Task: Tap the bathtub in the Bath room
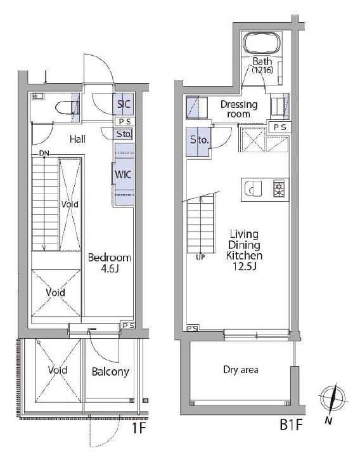(262, 43)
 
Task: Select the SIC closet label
(124, 104)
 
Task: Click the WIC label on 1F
(123, 174)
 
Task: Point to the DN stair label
(44, 154)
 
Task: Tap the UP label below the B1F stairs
(200, 257)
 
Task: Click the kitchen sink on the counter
(253, 189)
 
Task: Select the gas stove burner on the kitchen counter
(279, 188)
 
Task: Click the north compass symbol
(333, 401)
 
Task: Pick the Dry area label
(241, 370)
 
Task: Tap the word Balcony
(110, 372)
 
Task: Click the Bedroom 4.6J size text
(110, 269)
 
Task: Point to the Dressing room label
(239, 109)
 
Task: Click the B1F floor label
(291, 425)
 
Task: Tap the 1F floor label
(139, 428)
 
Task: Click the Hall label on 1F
(78, 139)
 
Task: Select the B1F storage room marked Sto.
(198, 141)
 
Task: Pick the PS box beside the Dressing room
(280, 127)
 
